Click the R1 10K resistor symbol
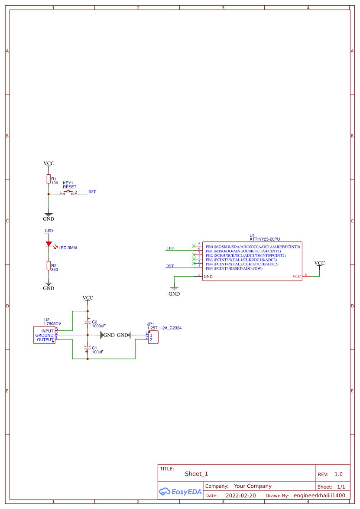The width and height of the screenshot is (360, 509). [x=49, y=179]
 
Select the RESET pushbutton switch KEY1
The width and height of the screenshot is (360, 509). [x=68, y=193]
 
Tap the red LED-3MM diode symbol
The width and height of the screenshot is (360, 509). [x=49, y=244]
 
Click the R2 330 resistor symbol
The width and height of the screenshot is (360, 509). [x=49, y=266]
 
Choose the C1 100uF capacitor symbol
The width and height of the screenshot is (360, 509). [x=88, y=347]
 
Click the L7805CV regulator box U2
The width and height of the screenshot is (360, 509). [x=44, y=335]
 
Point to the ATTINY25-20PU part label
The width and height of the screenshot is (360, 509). [x=265, y=239]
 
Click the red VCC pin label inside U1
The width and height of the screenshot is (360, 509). [x=296, y=276]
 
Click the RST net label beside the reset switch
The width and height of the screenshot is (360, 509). [x=92, y=192]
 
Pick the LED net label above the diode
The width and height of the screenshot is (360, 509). [x=49, y=231]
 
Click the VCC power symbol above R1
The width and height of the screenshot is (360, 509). [x=49, y=163]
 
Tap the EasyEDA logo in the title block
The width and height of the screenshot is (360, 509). [x=180, y=491]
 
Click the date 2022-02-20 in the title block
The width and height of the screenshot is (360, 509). [x=240, y=495]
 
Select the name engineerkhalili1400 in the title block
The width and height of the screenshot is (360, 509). [x=319, y=495]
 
